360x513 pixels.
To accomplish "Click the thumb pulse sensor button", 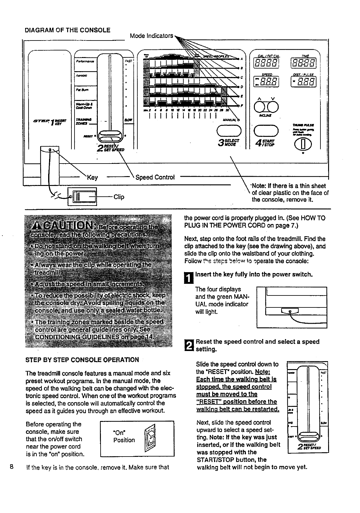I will [302, 144].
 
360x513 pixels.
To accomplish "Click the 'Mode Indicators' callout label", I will [151, 36].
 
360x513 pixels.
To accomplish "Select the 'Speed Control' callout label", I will [155, 177].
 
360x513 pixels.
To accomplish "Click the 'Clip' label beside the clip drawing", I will [119, 197].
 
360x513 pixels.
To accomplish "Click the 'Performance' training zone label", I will [85, 61].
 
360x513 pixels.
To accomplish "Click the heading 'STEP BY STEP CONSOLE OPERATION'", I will [82, 360].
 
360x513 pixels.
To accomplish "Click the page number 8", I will [12, 467].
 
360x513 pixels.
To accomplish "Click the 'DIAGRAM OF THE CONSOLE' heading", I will [67, 30].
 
